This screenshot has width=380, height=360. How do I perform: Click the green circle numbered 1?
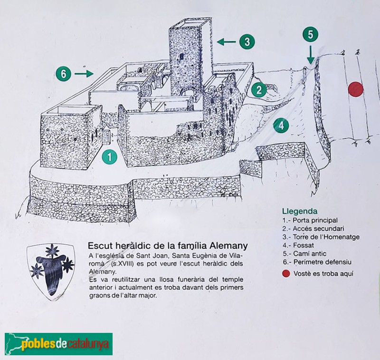110,156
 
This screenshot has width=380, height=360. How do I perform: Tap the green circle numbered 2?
258,89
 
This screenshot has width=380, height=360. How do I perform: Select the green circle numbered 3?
246,42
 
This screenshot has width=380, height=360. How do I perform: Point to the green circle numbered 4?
281,126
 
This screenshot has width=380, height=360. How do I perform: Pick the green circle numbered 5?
310,34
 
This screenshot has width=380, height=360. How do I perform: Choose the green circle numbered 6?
63,74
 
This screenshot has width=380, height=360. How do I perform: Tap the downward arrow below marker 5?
310,55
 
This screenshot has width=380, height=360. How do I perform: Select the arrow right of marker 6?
84,74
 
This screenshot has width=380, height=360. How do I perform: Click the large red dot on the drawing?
355,89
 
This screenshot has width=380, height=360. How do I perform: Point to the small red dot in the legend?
285,273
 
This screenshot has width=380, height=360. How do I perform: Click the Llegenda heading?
300,211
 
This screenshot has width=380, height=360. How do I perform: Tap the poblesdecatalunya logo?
58,343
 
